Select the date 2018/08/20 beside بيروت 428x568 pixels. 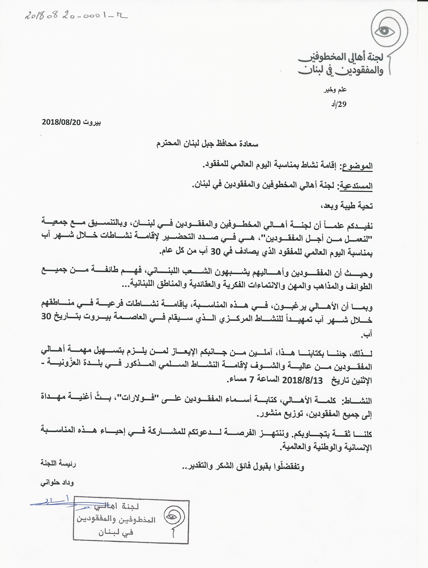pyautogui.click(x=61, y=122)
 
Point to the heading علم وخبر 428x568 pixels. pyautogui.click(x=335, y=90)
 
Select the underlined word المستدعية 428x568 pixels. pyautogui.click(x=356, y=186)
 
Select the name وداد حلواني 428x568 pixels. pyautogui.click(x=57, y=483)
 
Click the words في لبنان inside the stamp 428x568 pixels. pyautogui.click(x=116, y=532)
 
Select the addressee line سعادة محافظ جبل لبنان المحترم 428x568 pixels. pyautogui.click(x=207, y=144)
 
